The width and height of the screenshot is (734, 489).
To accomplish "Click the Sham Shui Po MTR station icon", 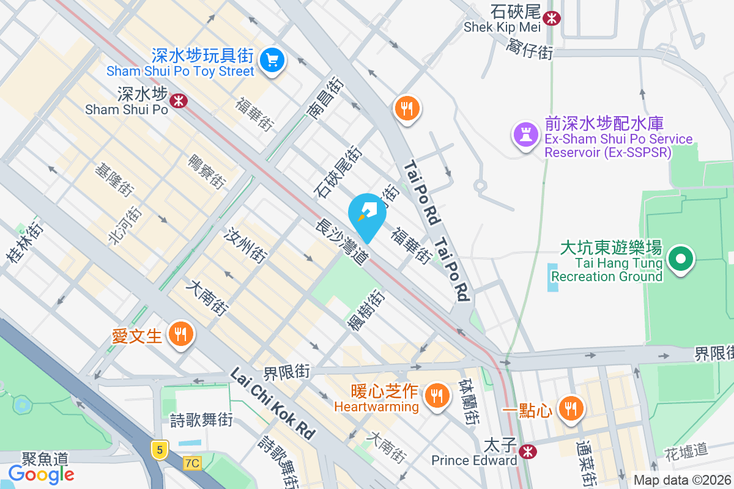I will [x=179, y=100].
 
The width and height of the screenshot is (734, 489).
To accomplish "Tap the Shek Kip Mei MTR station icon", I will [x=552, y=18].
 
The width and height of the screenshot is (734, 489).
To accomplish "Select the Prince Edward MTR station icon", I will [x=527, y=452].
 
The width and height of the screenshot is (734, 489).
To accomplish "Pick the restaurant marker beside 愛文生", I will [x=180, y=334].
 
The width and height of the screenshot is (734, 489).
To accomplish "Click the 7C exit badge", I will [x=192, y=463].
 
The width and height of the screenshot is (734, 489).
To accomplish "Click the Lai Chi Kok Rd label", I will [x=272, y=403].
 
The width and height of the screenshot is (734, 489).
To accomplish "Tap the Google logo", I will [x=42, y=474].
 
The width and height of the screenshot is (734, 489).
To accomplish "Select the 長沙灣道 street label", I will [x=342, y=243].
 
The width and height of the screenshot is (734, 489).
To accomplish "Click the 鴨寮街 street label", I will [x=207, y=172].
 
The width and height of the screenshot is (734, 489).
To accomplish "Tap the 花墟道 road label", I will [x=686, y=451].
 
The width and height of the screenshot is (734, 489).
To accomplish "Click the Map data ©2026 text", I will [x=682, y=480].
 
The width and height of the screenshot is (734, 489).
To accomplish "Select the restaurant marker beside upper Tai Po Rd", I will [x=407, y=109].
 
